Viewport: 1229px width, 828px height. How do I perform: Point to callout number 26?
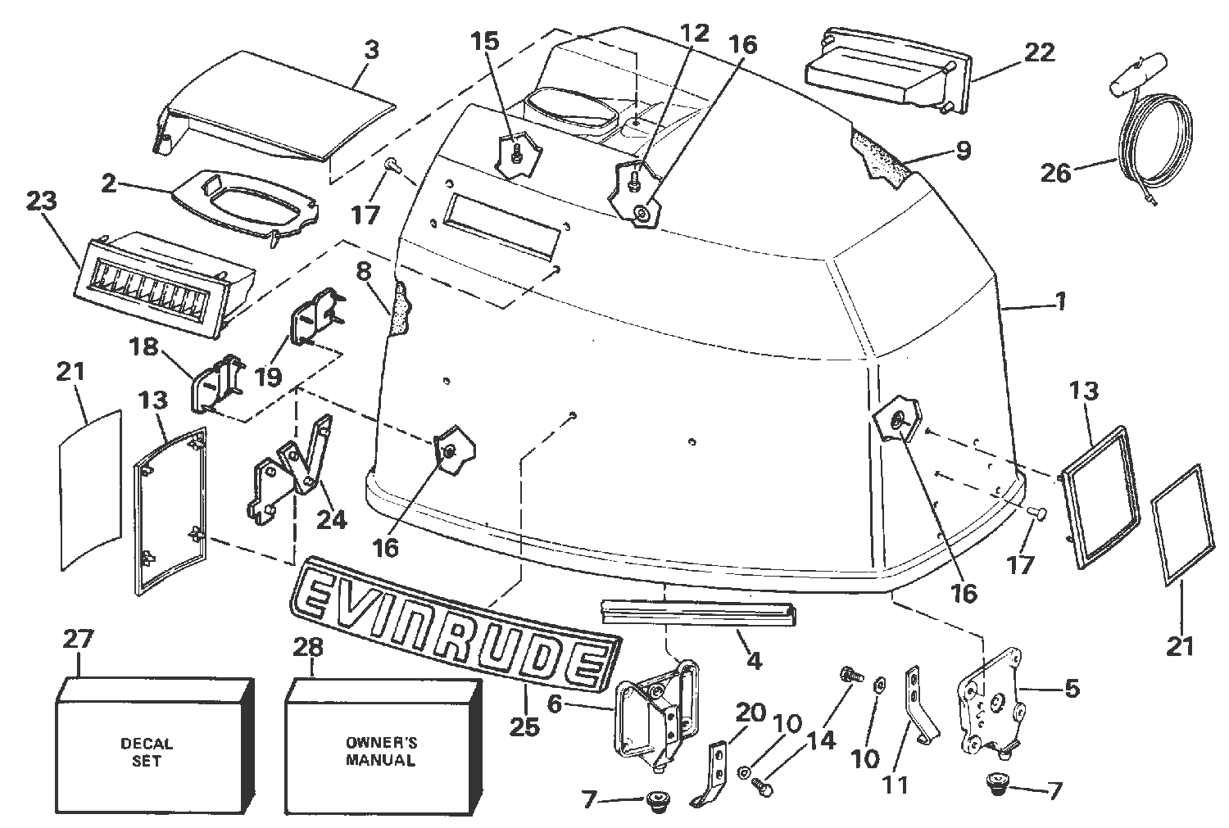point(1057,173)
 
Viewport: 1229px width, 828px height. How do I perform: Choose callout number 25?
point(524,725)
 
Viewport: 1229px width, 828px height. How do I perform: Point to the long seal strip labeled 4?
point(701,609)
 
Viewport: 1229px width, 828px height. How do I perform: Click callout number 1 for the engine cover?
point(1061,301)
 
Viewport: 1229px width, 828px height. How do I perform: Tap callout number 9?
point(962,150)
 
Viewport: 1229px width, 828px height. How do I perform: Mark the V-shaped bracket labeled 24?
point(291,475)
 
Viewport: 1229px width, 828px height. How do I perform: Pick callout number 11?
point(895,784)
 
